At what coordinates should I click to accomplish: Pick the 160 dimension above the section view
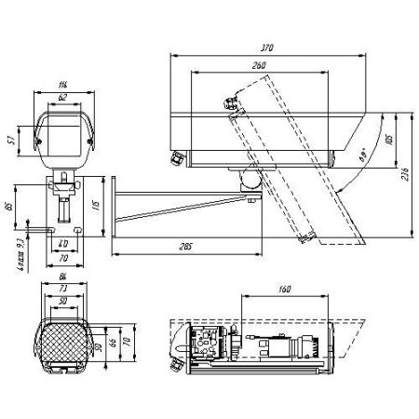pyautogui.click(x=285, y=289)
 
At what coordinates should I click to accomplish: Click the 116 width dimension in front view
pyautogui.click(x=62, y=85)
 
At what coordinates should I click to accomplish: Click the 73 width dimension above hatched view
pyautogui.click(x=62, y=292)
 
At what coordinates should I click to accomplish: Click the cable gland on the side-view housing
pyautogui.click(x=173, y=157)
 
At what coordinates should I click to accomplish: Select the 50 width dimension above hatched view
pyautogui.click(x=62, y=304)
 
